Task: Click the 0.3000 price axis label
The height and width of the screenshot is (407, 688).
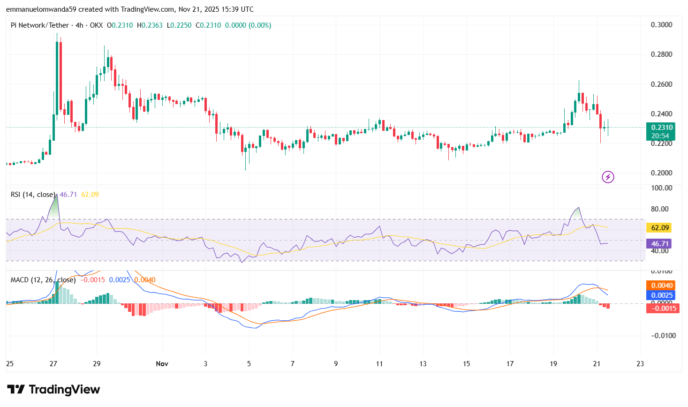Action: [661, 25]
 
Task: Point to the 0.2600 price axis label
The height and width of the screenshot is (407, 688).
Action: [661, 84]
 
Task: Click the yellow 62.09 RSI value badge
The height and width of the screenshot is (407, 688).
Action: [660, 228]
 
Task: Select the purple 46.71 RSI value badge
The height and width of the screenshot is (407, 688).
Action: [660, 244]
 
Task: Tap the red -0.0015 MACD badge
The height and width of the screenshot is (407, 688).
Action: [662, 308]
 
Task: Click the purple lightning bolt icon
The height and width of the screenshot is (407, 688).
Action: [608, 177]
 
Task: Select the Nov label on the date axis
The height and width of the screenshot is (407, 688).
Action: [162, 364]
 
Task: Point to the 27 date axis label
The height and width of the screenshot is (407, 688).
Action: [53, 364]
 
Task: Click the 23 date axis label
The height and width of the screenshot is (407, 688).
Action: [640, 364]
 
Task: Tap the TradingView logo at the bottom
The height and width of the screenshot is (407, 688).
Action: [53, 390]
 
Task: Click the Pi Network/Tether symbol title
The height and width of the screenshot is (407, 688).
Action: [40, 25]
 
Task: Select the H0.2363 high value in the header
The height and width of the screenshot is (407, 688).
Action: [150, 25]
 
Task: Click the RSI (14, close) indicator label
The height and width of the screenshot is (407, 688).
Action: [33, 195]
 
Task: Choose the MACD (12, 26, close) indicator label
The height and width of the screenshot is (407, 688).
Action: [43, 280]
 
